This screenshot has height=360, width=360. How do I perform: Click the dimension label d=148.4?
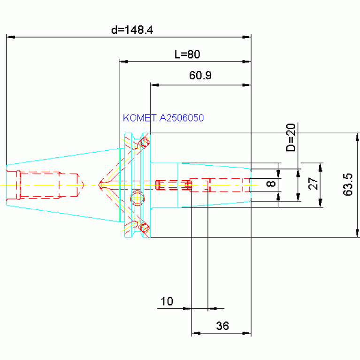132,30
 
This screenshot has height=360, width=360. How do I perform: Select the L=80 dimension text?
187,54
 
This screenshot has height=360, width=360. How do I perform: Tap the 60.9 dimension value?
200,75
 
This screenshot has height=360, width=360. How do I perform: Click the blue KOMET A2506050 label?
163,118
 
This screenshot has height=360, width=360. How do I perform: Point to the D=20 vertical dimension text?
291,138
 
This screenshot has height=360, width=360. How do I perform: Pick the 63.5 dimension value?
348,184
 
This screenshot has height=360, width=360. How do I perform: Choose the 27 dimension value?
313,183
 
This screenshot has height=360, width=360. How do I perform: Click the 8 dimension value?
271,184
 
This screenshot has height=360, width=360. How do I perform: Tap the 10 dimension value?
167,301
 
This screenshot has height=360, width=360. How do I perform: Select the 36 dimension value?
222,326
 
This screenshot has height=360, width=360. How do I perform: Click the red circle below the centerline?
137,198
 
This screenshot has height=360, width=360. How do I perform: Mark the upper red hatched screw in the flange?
145,143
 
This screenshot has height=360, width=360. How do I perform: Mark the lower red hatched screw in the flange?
145,227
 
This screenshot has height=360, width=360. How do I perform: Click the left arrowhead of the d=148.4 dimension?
11,37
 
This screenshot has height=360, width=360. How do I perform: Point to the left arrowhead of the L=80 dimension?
123,61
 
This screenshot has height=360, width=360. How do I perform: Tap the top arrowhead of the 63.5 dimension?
357,138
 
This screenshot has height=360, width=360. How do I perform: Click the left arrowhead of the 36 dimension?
196,333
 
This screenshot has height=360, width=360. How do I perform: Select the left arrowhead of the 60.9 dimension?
155,85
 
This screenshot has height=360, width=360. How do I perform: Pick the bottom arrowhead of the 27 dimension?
321,203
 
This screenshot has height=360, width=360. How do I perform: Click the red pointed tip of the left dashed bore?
84,185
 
